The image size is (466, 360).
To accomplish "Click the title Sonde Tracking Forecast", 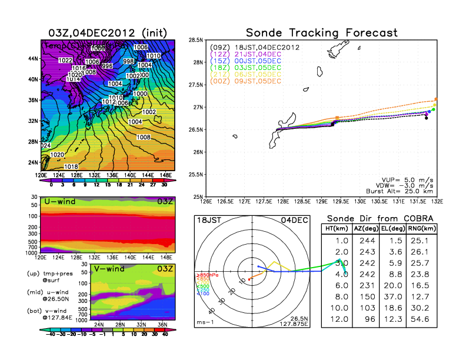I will [321, 33].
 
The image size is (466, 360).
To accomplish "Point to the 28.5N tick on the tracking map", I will [196, 40].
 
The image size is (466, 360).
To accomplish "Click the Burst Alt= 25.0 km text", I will [403, 191].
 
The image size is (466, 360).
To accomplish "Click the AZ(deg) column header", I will [367, 229].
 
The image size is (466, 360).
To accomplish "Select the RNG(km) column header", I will [417, 229].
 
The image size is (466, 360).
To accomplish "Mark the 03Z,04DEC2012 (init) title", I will [108, 32].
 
